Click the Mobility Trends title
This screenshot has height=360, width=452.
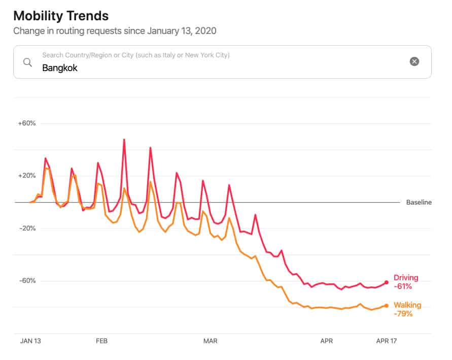[x=61, y=15]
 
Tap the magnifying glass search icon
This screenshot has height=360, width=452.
[x=28, y=62]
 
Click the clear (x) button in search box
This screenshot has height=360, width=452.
[x=414, y=61]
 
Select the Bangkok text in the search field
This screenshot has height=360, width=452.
[x=60, y=68]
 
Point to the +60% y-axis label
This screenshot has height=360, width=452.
[x=26, y=123]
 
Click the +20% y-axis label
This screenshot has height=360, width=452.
[x=26, y=176]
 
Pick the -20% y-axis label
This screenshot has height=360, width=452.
[x=27, y=228]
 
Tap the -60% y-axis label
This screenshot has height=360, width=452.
[x=27, y=281]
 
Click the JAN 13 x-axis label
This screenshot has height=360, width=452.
[x=30, y=341]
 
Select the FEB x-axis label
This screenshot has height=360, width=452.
[x=102, y=341]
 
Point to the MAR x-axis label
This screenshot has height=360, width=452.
[x=210, y=341]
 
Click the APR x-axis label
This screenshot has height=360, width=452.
[x=327, y=341]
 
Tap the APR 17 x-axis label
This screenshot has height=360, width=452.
[x=387, y=341]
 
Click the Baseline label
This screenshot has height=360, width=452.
[x=419, y=202]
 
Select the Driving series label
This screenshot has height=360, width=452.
[x=406, y=278]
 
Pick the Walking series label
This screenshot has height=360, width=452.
[x=407, y=305]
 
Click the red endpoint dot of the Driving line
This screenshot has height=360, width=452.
[x=387, y=282]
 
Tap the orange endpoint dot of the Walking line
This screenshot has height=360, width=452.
[x=387, y=305]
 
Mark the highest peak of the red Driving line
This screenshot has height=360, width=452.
[x=124, y=139]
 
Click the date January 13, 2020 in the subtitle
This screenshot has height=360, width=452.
[x=182, y=31]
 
